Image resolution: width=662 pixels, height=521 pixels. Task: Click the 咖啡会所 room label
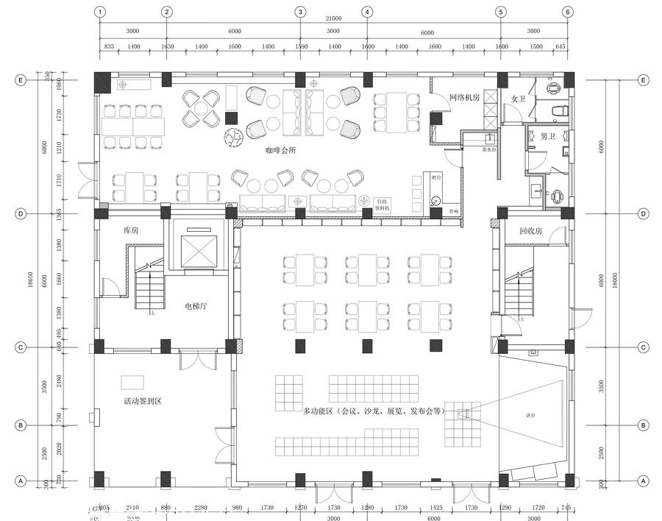point(281,150)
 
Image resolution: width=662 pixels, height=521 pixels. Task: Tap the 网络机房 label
point(465,97)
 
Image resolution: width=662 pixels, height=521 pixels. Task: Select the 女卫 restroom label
point(518,99)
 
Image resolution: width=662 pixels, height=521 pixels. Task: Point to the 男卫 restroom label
point(548,136)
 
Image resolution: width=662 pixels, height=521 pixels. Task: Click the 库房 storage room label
point(132,230)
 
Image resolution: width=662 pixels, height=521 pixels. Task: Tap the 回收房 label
point(530,230)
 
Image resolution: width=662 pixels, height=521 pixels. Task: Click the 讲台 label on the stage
point(530,416)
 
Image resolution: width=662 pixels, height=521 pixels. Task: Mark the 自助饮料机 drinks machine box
point(382,205)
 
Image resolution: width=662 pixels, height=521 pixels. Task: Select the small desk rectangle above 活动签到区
point(132,381)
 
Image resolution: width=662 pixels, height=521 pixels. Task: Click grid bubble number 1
point(100,12)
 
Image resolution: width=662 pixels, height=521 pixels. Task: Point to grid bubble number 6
point(567,12)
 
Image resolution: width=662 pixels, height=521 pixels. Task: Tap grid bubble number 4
point(366,12)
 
